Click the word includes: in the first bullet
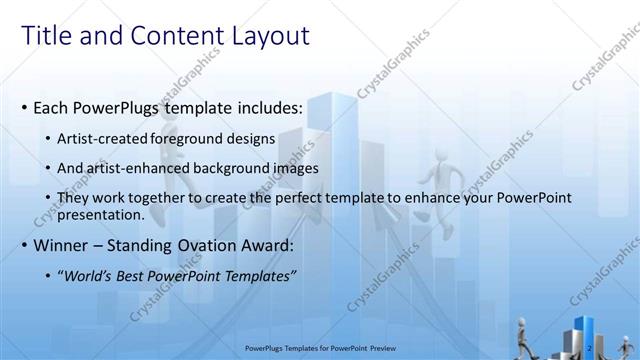click(x=269, y=107)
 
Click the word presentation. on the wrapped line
click(x=101, y=214)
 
